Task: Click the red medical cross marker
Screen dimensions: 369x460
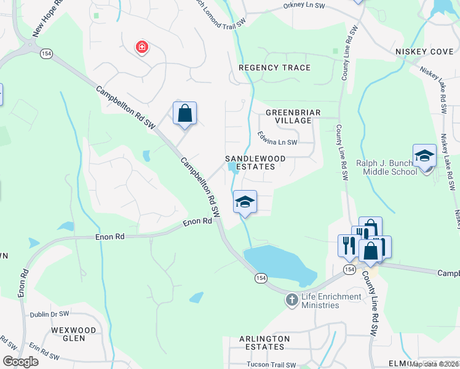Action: (x=142, y=47)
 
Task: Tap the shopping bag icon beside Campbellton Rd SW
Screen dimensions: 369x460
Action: (x=184, y=114)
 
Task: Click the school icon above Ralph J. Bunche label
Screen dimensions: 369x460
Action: (x=424, y=156)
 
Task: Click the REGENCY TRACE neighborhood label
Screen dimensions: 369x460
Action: (x=274, y=68)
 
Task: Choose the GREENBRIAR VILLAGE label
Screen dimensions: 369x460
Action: (x=288, y=117)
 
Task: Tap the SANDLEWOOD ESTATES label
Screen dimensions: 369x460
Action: (x=255, y=162)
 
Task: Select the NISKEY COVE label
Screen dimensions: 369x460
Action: (x=424, y=52)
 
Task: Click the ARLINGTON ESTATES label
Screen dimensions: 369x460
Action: (x=264, y=343)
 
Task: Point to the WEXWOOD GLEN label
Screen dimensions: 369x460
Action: (x=74, y=335)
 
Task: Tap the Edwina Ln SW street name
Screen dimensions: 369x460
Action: (x=277, y=142)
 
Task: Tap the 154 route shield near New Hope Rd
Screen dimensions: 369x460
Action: (x=46, y=54)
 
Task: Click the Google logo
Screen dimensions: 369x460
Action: (x=20, y=362)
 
